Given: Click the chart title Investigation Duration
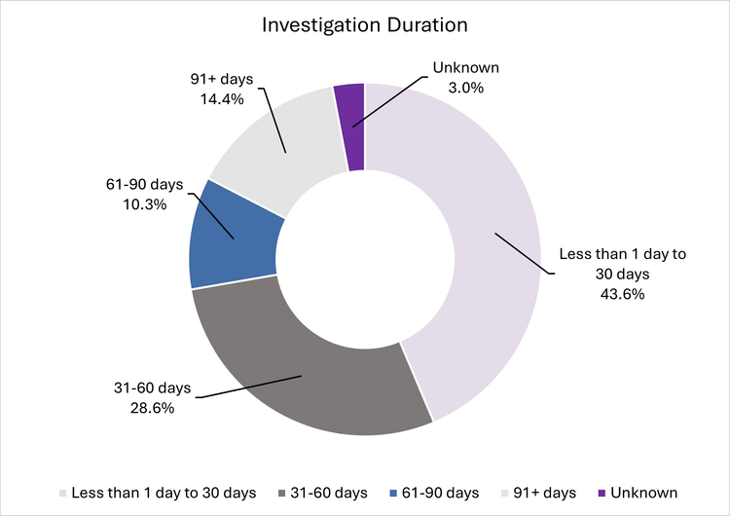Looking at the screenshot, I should [364, 25].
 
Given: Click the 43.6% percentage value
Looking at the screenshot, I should [622, 293].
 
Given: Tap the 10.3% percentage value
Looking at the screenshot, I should [144, 204].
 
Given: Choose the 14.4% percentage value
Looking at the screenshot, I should [222, 98].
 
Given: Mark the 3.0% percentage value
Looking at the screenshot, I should [465, 88].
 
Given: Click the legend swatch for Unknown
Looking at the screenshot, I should [601, 493].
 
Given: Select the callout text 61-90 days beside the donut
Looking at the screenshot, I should [144, 185].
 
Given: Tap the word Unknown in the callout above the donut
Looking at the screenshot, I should [465, 69].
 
